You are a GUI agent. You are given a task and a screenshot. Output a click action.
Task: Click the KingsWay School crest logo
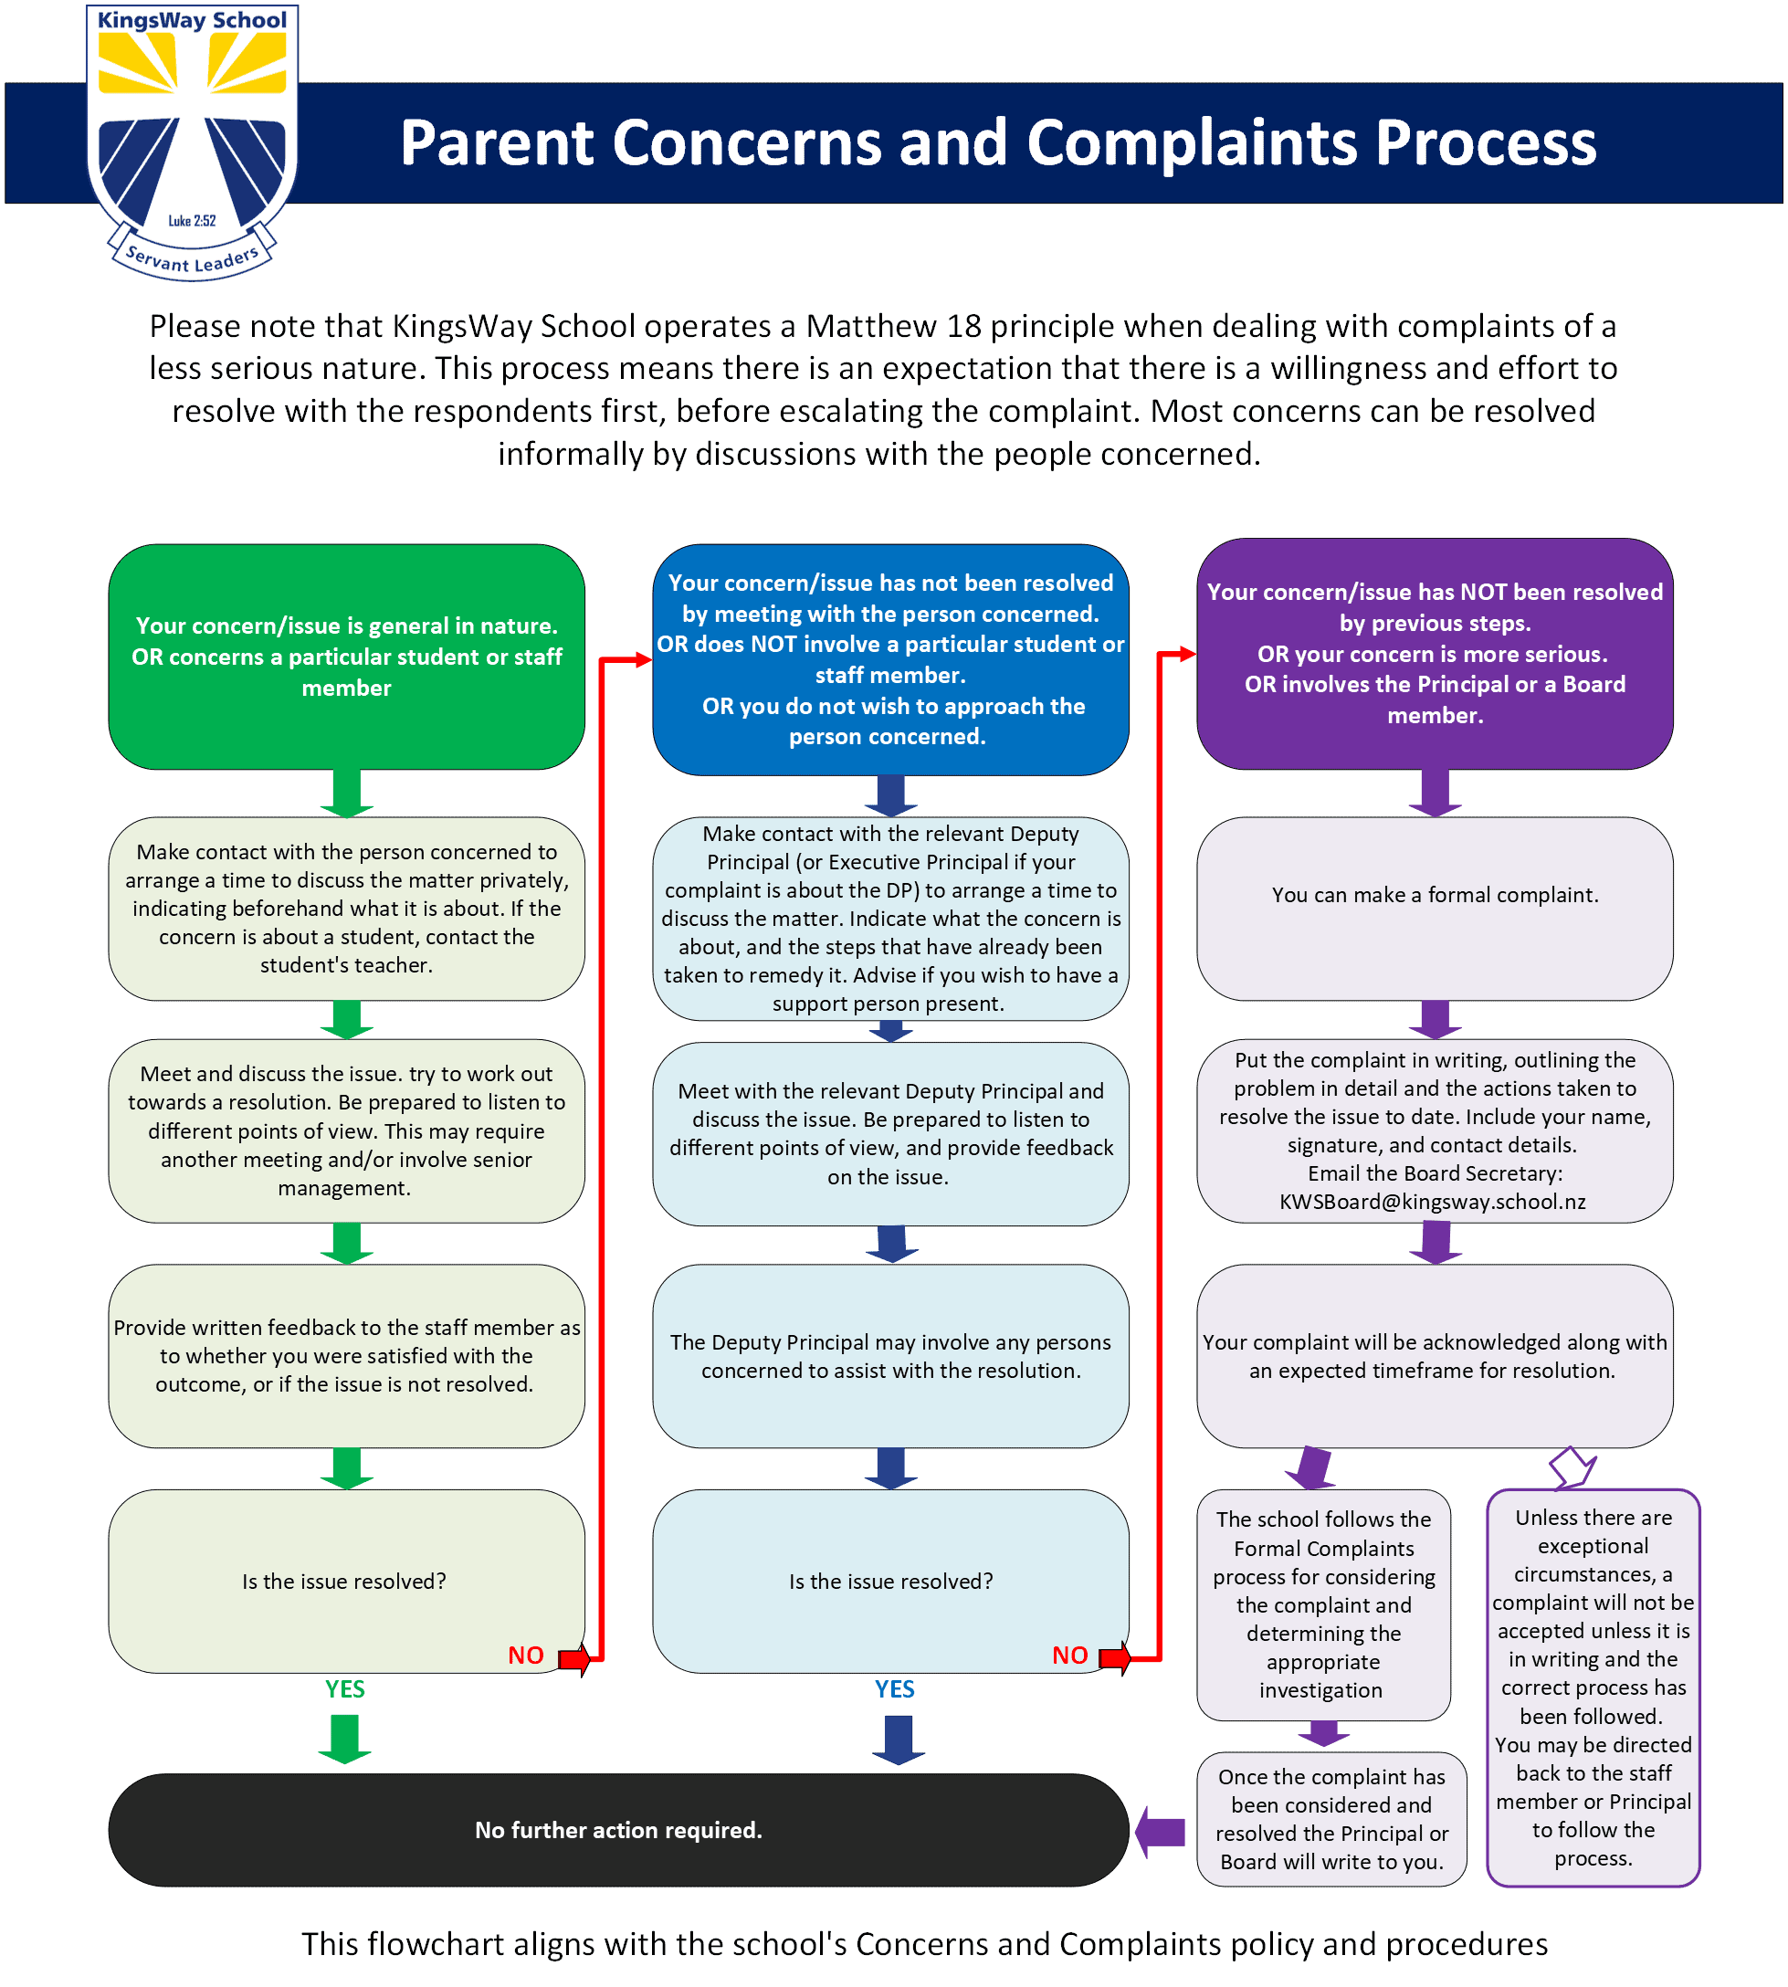(x=193, y=142)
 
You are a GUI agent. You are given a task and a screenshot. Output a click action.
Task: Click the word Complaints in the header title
(x=1193, y=142)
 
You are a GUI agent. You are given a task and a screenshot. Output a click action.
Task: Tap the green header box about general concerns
(x=347, y=657)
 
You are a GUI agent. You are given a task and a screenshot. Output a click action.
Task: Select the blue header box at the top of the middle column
(x=891, y=659)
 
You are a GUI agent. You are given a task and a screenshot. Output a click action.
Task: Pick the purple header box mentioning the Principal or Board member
(x=1435, y=653)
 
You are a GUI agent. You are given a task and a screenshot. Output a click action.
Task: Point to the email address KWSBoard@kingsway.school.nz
(x=1433, y=1201)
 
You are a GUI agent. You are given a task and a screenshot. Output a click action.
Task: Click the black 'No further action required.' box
(x=619, y=1829)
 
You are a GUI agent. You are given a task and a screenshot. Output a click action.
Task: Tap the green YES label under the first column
(x=345, y=1688)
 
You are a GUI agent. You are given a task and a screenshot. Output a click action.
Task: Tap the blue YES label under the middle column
(x=895, y=1688)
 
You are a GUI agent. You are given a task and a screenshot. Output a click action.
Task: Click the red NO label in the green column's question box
(x=526, y=1655)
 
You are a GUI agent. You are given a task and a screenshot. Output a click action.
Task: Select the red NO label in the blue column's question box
(x=1070, y=1655)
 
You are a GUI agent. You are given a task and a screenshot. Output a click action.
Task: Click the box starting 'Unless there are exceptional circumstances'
(x=1593, y=1687)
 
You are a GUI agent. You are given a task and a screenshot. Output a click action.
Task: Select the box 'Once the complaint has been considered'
(x=1331, y=1819)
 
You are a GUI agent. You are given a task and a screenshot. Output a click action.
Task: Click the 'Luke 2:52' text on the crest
(x=192, y=221)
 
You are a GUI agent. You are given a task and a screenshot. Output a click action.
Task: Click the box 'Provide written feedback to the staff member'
(x=347, y=1355)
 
